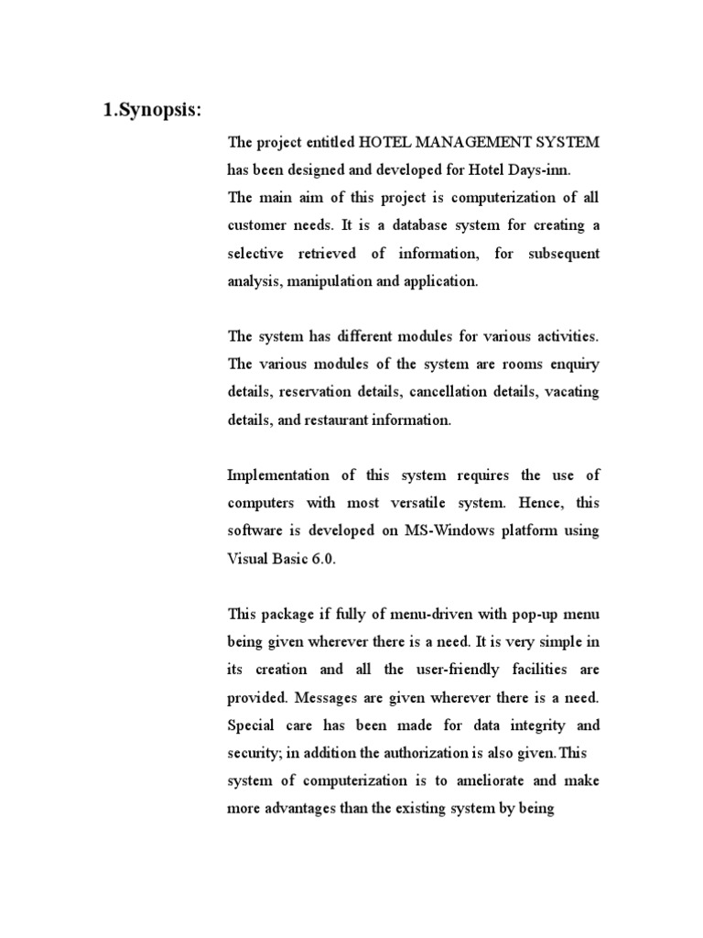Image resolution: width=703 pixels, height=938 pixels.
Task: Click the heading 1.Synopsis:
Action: (150, 111)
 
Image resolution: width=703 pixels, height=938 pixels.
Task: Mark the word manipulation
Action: (328, 281)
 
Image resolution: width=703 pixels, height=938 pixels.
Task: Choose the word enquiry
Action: (574, 365)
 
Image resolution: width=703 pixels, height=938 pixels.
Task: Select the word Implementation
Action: (277, 475)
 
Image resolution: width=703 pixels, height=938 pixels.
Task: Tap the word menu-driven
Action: (415, 615)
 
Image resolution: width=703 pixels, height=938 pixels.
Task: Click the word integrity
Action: (527, 725)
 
